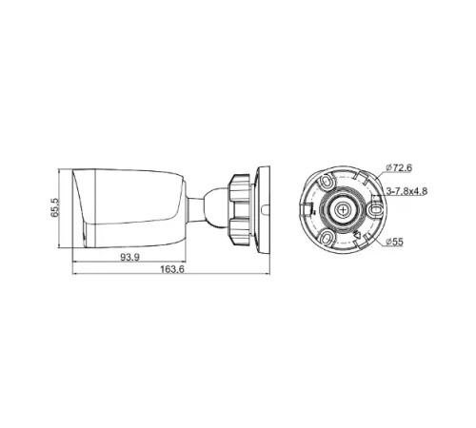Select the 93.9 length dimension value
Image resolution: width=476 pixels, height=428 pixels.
pos(130,259)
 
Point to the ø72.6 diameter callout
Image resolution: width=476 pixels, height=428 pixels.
pos(399,168)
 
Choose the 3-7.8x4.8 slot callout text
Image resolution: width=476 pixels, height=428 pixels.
pos(406,190)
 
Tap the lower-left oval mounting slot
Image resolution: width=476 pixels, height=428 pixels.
pos(326,238)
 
